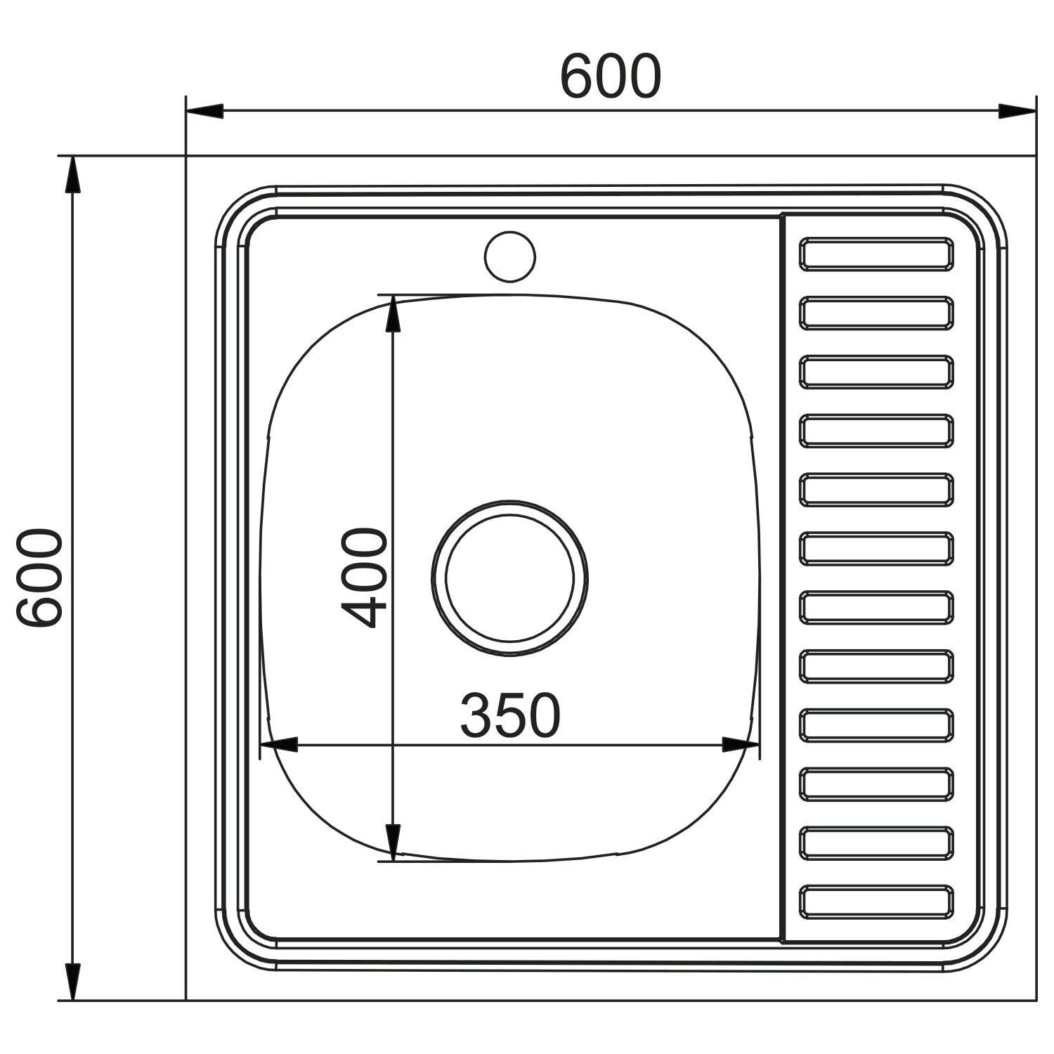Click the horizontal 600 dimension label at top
point(610,76)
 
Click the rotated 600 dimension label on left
point(41,578)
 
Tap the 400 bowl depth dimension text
point(364,578)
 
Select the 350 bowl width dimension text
point(510,715)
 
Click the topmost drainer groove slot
point(876,254)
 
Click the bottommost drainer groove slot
point(876,902)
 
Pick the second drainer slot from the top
point(876,313)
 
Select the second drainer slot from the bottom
point(876,842)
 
